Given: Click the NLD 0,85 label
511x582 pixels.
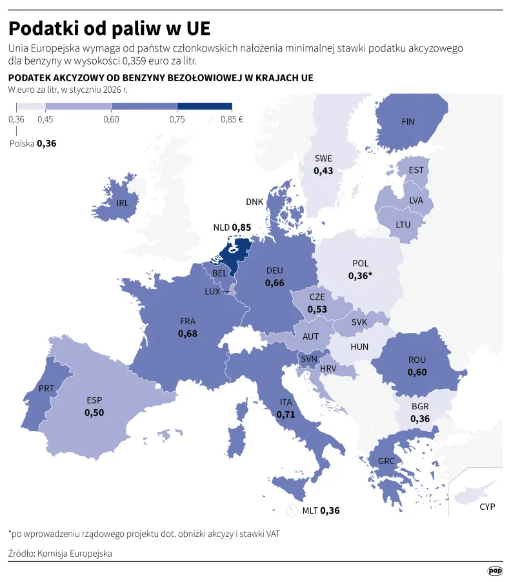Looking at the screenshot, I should tap(232, 228).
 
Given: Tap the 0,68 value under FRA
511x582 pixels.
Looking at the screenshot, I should tap(188, 333).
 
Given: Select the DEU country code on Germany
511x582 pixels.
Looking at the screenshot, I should tap(274, 271).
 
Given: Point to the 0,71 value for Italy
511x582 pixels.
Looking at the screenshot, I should tap(285, 414).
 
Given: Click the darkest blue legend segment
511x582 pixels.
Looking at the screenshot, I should tap(204, 106).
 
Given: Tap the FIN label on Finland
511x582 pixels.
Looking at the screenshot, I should tap(408, 122).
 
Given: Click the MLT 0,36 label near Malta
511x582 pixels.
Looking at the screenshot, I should tap(321, 510).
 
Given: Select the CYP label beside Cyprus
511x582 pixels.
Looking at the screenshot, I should tap(487, 507).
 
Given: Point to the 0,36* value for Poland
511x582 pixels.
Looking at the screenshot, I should tap(360, 275).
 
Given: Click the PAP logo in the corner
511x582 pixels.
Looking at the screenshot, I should tap(494, 570).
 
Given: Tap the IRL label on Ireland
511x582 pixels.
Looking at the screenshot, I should tap(123, 202).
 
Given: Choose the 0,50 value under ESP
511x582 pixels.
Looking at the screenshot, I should tap(94, 412).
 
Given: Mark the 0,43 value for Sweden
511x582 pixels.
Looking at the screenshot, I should tap(323, 171).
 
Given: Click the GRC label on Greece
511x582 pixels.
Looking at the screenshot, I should tap(386, 461).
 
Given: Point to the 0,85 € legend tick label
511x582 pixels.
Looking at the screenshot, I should tap(232, 119).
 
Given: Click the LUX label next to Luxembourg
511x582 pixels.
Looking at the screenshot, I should tap(212, 291).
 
